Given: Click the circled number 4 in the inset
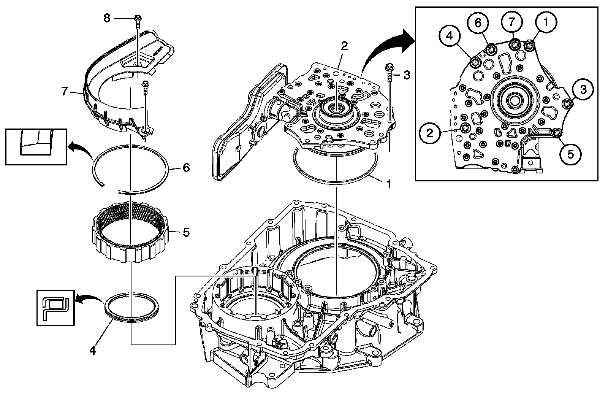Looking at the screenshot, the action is pyautogui.click(x=450, y=36).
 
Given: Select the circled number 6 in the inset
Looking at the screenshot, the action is pyautogui.click(x=478, y=22).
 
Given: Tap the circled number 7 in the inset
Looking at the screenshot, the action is pyautogui.click(x=512, y=22).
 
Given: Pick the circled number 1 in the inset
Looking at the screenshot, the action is pyautogui.click(x=546, y=22).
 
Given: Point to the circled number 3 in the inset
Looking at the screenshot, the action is pyautogui.click(x=583, y=89).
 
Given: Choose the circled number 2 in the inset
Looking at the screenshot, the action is pyautogui.click(x=430, y=133).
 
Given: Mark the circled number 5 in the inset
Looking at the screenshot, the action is pyautogui.click(x=571, y=154).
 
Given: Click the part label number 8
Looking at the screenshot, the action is pyautogui.click(x=107, y=18).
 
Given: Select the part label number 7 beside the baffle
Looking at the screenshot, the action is pyautogui.click(x=64, y=91).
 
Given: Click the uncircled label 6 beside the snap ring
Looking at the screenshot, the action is pyautogui.click(x=186, y=168).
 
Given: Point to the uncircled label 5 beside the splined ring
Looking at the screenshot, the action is pyautogui.click(x=186, y=232).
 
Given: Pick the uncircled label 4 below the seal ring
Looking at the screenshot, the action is pyautogui.click(x=93, y=351).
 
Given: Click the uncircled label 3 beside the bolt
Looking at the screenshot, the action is pyautogui.click(x=407, y=75).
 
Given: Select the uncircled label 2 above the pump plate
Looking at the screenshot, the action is pyautogui.click(x=344, y=46).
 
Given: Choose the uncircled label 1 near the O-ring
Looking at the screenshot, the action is pyautogui.click(x=389, y=184).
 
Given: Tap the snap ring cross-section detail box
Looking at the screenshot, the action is pyautogui.click(x=36, y=147).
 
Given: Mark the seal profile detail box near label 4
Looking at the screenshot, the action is pyautogui.click(x=55, y=308).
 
